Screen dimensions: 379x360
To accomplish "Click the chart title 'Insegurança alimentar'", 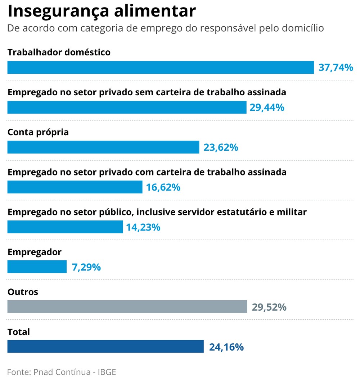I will (x=102, y=11).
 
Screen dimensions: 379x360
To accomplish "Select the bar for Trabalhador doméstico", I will (x=161, y=67).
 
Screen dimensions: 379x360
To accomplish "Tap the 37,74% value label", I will (x=336, y=67).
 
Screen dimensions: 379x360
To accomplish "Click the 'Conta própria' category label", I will (x=38, y=132).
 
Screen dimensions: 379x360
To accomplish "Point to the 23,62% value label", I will (x=221, y=147).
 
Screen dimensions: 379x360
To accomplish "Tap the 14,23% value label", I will (x=143, y=227).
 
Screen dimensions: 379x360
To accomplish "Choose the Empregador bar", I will (x=37, y=267).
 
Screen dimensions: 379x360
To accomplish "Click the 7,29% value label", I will (x=86, y=267).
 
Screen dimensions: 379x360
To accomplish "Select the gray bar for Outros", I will (x=127, y=307).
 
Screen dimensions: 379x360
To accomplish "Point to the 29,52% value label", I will (x=269, y=307).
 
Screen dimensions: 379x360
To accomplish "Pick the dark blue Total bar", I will (x=105, y=347).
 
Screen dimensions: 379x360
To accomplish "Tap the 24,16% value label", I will (x=226, y=347).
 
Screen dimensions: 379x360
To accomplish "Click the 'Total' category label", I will (x=19, y=332).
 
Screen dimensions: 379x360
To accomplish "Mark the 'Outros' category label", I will (x=23, y=292).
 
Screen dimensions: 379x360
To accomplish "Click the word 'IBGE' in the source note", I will (x=107, y=372).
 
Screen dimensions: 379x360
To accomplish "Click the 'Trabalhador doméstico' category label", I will (x=59, y=52).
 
